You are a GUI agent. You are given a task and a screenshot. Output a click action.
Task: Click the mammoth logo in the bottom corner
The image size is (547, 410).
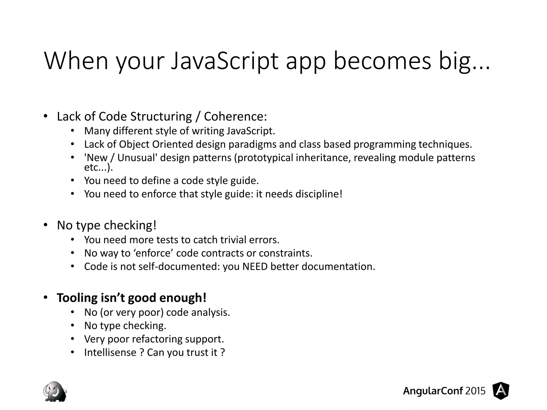tap(55, 391)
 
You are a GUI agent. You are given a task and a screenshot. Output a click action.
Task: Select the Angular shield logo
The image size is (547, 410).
tap(501, 391)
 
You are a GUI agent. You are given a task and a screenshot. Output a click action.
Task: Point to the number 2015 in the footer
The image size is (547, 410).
tap(475, 391)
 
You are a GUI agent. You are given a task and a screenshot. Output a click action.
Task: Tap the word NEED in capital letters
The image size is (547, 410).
tap(255, 266)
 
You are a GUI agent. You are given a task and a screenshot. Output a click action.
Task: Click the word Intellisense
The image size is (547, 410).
tap(110, 352)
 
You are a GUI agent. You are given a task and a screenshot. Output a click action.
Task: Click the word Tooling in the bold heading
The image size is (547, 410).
tap(77, 298)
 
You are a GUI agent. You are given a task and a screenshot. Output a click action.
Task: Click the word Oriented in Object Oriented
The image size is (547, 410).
tap(173, 144)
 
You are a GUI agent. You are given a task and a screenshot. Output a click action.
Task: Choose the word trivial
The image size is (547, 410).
tap(233, 240)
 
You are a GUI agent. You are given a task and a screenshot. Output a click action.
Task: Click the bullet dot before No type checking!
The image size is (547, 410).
tap(45, 225)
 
